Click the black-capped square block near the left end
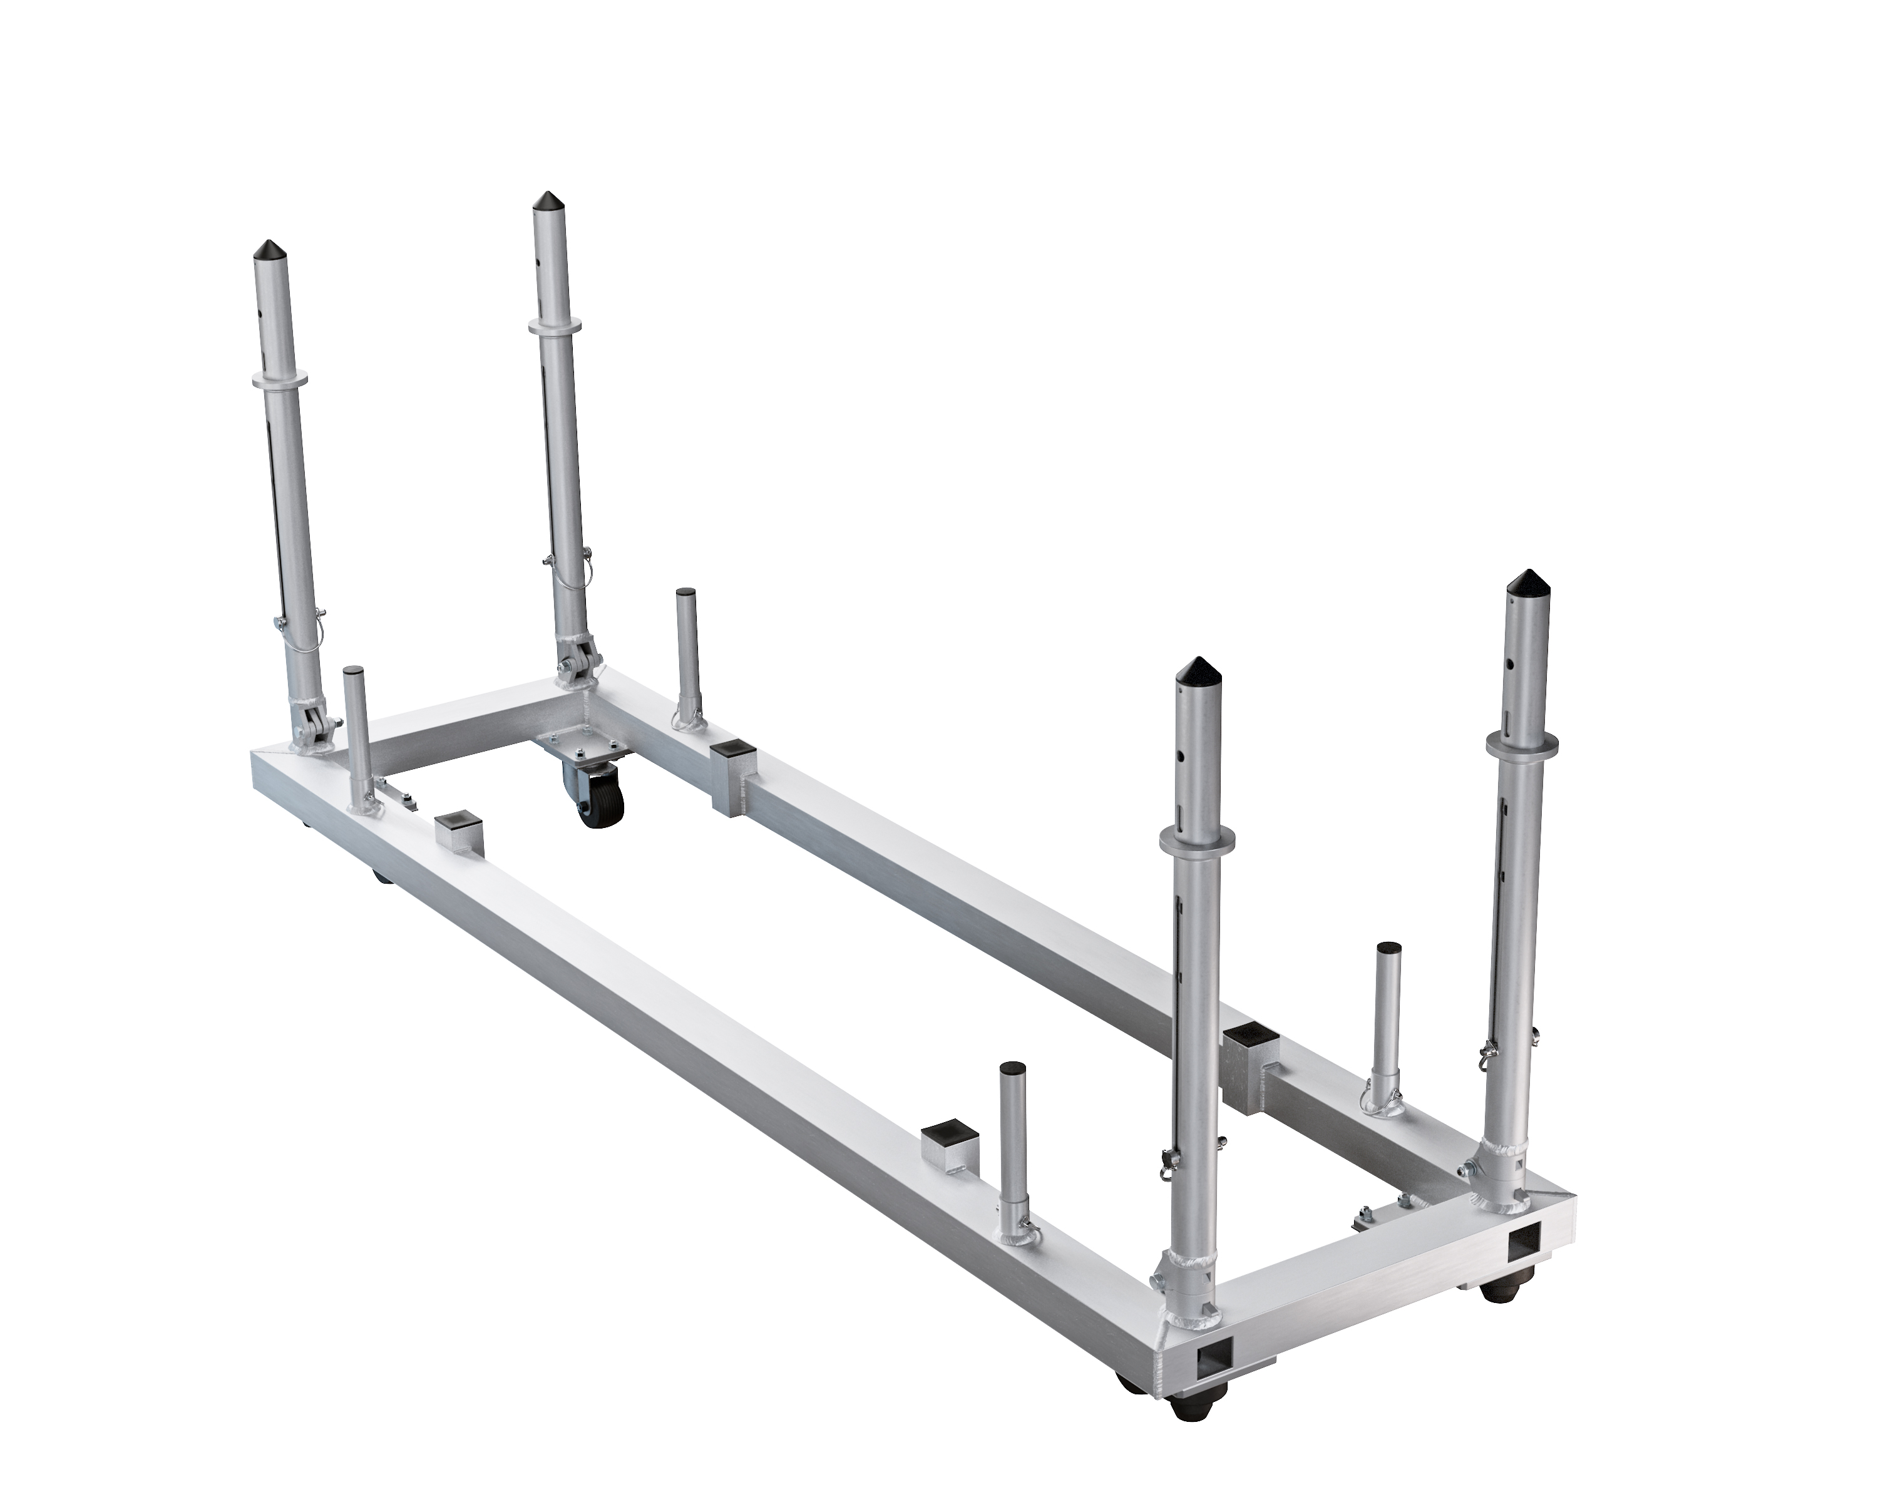point(458,832)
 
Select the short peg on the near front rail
point(1013,1132)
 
